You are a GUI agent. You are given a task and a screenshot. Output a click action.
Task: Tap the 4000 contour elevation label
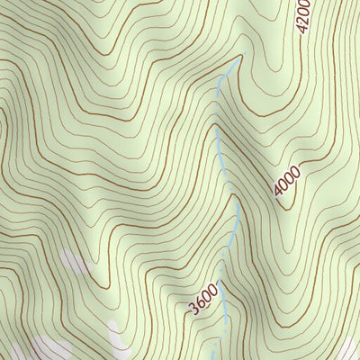point(287,182)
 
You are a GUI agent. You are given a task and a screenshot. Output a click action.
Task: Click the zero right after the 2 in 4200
point(304,13)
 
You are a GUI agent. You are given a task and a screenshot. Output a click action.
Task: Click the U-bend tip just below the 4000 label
point(285,208)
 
